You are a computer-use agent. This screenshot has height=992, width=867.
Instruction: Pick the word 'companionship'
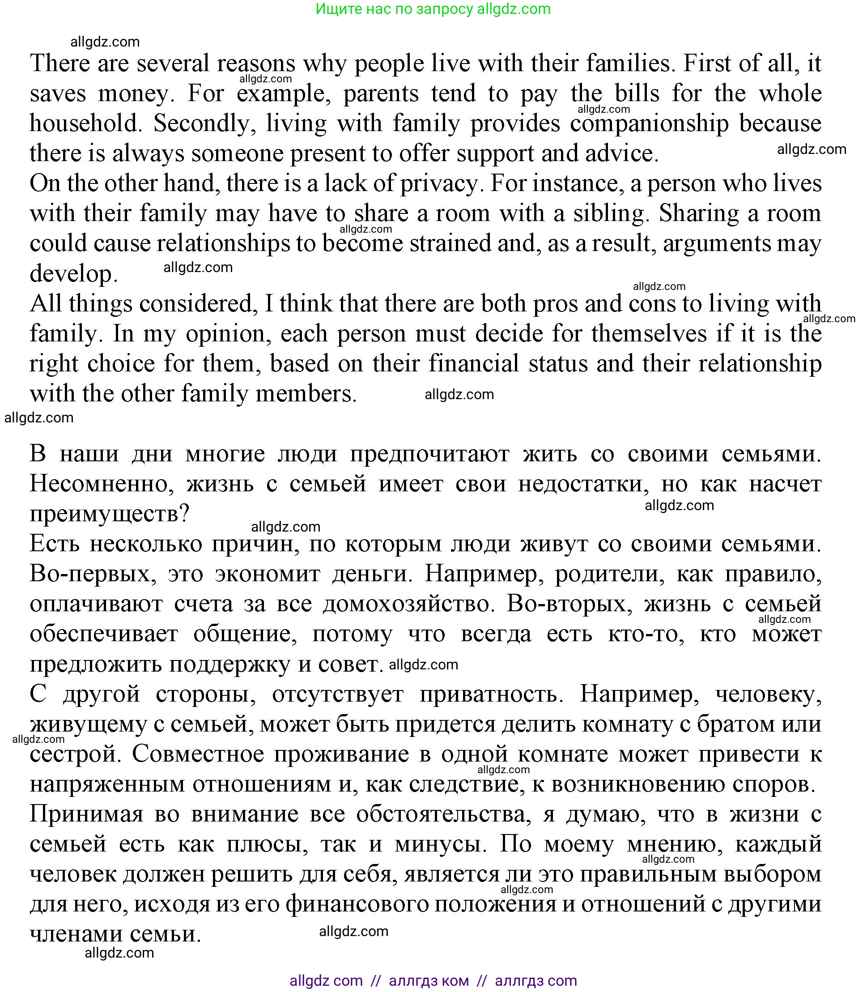649,123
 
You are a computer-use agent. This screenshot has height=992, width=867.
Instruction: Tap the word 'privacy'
439,183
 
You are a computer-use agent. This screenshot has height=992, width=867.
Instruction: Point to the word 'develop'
73,274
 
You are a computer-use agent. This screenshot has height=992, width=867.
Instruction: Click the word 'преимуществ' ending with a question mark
109,514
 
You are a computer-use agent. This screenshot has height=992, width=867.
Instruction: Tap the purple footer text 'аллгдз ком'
429,980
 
